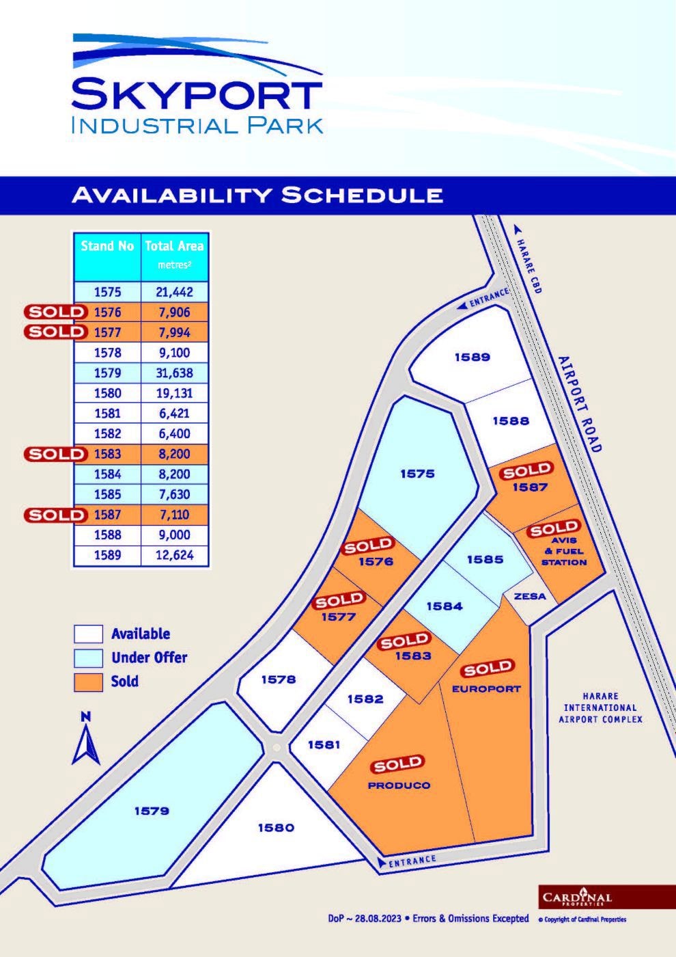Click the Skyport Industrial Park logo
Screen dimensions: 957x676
[197, 85]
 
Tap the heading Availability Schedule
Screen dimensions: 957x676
[257, 195]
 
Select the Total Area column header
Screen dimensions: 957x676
[174, 254]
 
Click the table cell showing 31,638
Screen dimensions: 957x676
[174, 373]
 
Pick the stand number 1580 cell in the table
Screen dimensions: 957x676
[107, 393]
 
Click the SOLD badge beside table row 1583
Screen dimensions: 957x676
[57, 454]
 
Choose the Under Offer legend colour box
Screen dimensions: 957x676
[88, 658]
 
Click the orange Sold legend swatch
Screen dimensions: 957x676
[88, 682]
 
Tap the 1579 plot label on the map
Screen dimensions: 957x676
[152, 811]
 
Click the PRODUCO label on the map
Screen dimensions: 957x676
[399, 785]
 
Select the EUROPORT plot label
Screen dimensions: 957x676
[486, 689]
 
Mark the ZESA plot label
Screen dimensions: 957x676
[530, 596]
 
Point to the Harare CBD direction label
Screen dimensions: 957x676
[529, 266]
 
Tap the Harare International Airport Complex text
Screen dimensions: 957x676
[601, 707]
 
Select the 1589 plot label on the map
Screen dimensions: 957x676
[473, 357]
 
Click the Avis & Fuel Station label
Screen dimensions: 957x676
[564, 551]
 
